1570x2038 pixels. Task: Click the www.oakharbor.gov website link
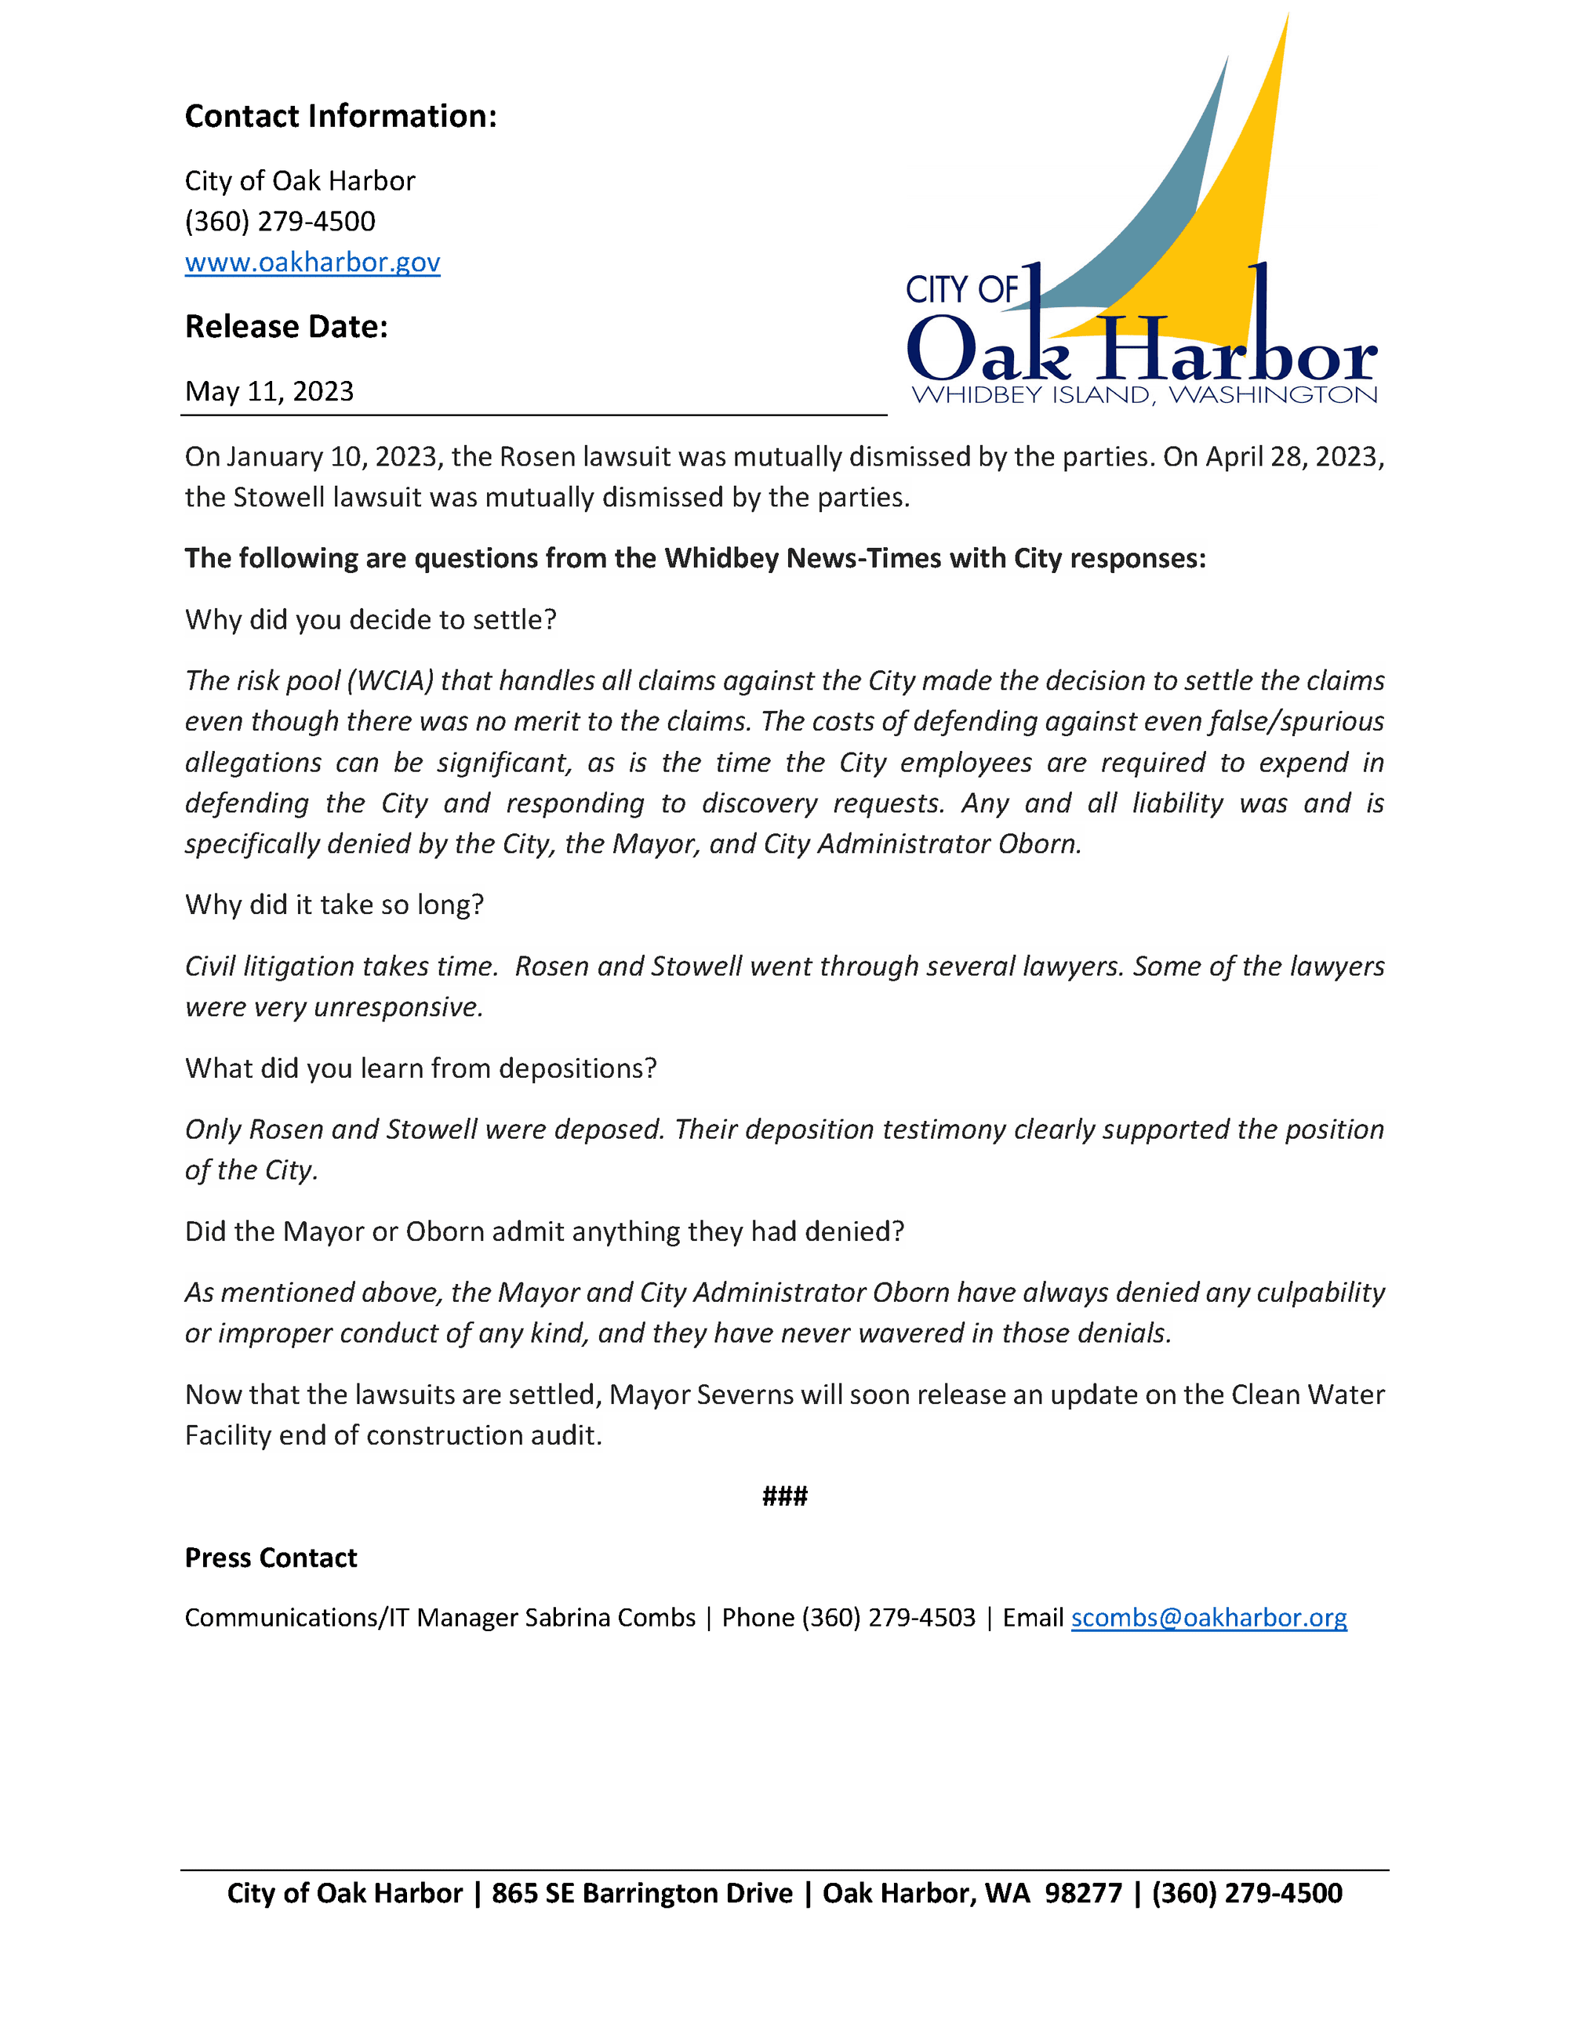tap(312, 263)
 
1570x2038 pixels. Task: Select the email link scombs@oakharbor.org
tap(1208, 1617)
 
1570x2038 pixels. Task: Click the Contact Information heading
tap(340, 116)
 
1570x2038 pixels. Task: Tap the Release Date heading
tap(285, 327)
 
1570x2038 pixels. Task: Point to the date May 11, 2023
tap(269, 391)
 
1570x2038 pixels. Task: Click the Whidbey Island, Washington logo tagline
tap(1143, 395)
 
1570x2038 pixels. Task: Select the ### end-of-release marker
tap(784, 1496)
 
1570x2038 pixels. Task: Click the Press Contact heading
tap(271, 1558)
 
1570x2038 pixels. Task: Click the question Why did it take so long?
tap(334, 905)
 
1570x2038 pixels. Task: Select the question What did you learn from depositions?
tap(420, 1068)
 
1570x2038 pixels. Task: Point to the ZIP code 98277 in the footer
tap(1083, 1892)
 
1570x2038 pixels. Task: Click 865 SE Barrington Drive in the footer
tap(642, 1892)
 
